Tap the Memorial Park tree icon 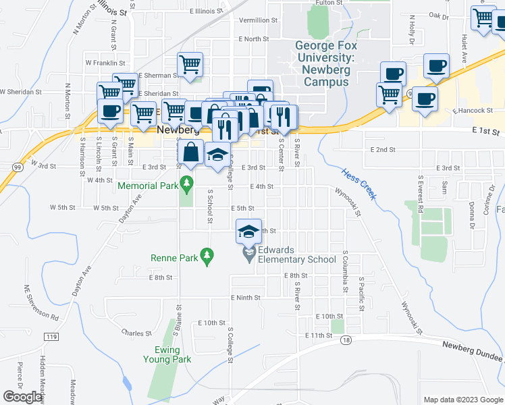(x=188, y=182)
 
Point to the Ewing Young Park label (x=161, y=354)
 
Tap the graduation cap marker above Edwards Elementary (x=248, y=232)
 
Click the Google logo (x=23, y=397)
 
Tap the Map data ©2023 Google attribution (x=463, y=399)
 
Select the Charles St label (x=136, y=333)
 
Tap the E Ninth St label (x=245, y=298)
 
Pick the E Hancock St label (x=474, y=110)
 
